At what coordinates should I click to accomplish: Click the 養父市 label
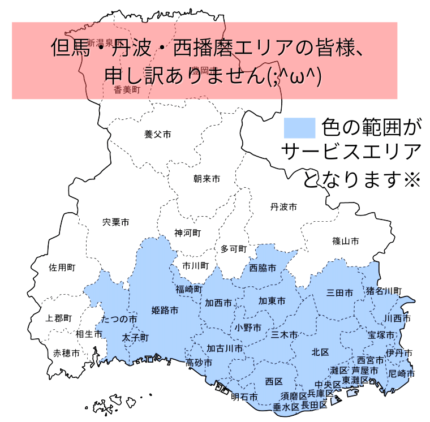tap(158, 135)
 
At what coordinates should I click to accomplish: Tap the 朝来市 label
tap(207, 179)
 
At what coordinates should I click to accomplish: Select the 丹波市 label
tap(283, 207)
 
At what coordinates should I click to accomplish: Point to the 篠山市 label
tap(346, 241)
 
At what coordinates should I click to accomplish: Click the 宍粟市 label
tap(116, 222)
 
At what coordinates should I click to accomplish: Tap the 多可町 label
tap(234, 249)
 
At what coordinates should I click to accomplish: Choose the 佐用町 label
tap(62, 267)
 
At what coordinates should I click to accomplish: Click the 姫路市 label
tap(165, 310)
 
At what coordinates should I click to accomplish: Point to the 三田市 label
tap(340, 293)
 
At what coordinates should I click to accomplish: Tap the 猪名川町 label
tap(384, 291)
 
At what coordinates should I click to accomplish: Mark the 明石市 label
tap(244, 397)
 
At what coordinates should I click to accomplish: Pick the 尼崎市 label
tap(402, 374)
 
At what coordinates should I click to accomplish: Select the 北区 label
tap(320, 352)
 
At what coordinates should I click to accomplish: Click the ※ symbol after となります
tap(411, 180)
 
